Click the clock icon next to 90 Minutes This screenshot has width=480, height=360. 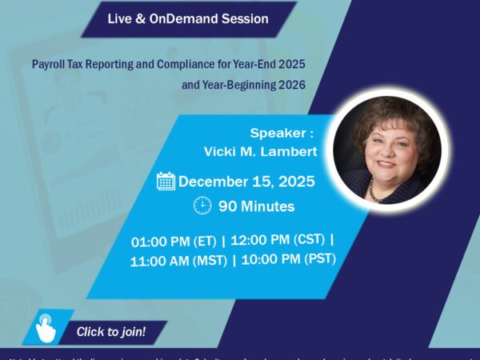[x=202, y=206]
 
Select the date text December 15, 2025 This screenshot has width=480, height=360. [x=246, y=181]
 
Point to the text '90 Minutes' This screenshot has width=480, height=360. [x=256, y=206]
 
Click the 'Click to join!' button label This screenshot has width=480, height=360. [x=110, y=330]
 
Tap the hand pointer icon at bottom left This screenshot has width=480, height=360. [x=46, y=329]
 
